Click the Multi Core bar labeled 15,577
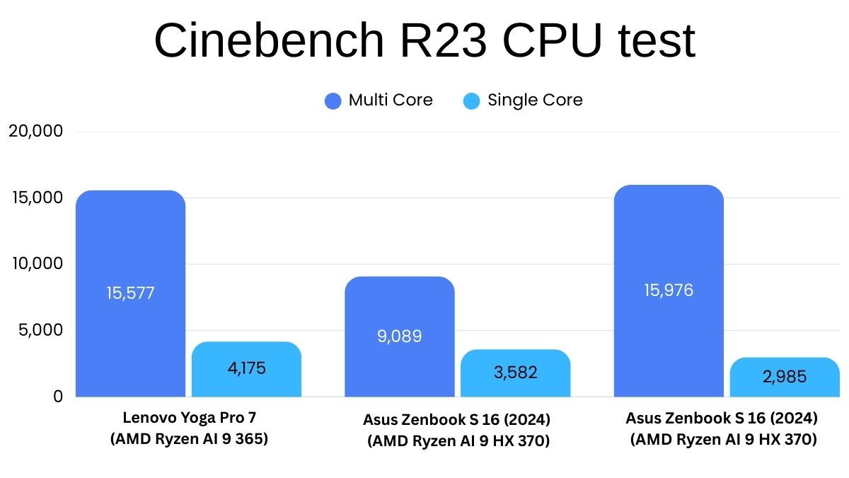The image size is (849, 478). [130, 293]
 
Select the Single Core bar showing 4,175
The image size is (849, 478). [246, 369]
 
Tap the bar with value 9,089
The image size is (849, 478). [399, 336]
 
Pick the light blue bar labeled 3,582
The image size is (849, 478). [515, 372]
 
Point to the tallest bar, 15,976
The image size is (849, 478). [669, 290]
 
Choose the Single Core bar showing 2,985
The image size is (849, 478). [785, 377]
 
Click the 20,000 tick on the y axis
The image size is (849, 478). [37, 131]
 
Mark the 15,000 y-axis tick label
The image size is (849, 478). [37, 198]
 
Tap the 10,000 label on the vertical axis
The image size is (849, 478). [37, 263]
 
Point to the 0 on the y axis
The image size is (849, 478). [58, 397]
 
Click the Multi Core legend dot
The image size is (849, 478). [333, 101]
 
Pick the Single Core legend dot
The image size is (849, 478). [471, 101]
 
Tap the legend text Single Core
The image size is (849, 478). [535, 101]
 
